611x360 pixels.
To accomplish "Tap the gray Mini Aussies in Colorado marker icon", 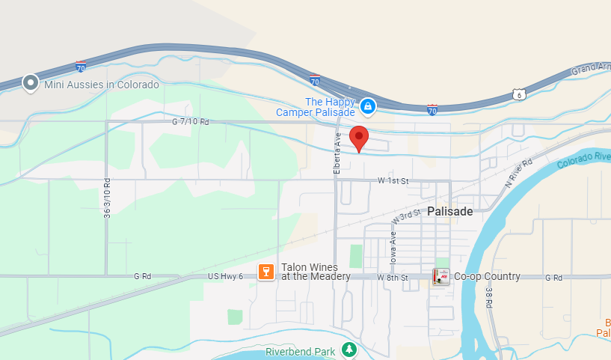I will [31, 83].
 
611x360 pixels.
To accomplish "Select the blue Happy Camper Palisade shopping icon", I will [368, 107].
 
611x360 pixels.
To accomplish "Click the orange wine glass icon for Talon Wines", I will [265, 272].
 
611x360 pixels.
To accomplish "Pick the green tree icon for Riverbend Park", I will [349, 349].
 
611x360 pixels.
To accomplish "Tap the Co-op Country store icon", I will [441, 277].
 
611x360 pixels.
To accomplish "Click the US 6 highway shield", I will [518, 94].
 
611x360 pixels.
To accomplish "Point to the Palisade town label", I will [450, 212].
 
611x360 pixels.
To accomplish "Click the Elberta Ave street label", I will [337, 154].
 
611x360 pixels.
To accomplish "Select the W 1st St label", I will [393, 181].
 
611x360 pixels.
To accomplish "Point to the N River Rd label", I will [518, 173].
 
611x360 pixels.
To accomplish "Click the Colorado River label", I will [583, 156].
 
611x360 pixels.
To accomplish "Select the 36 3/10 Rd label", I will [108, 198].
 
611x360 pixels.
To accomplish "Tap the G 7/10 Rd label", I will [191, 121].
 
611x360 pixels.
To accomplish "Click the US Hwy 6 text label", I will [225, 277].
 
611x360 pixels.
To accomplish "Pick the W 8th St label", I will [393, 277].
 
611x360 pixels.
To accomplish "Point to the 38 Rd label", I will [488, 300].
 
